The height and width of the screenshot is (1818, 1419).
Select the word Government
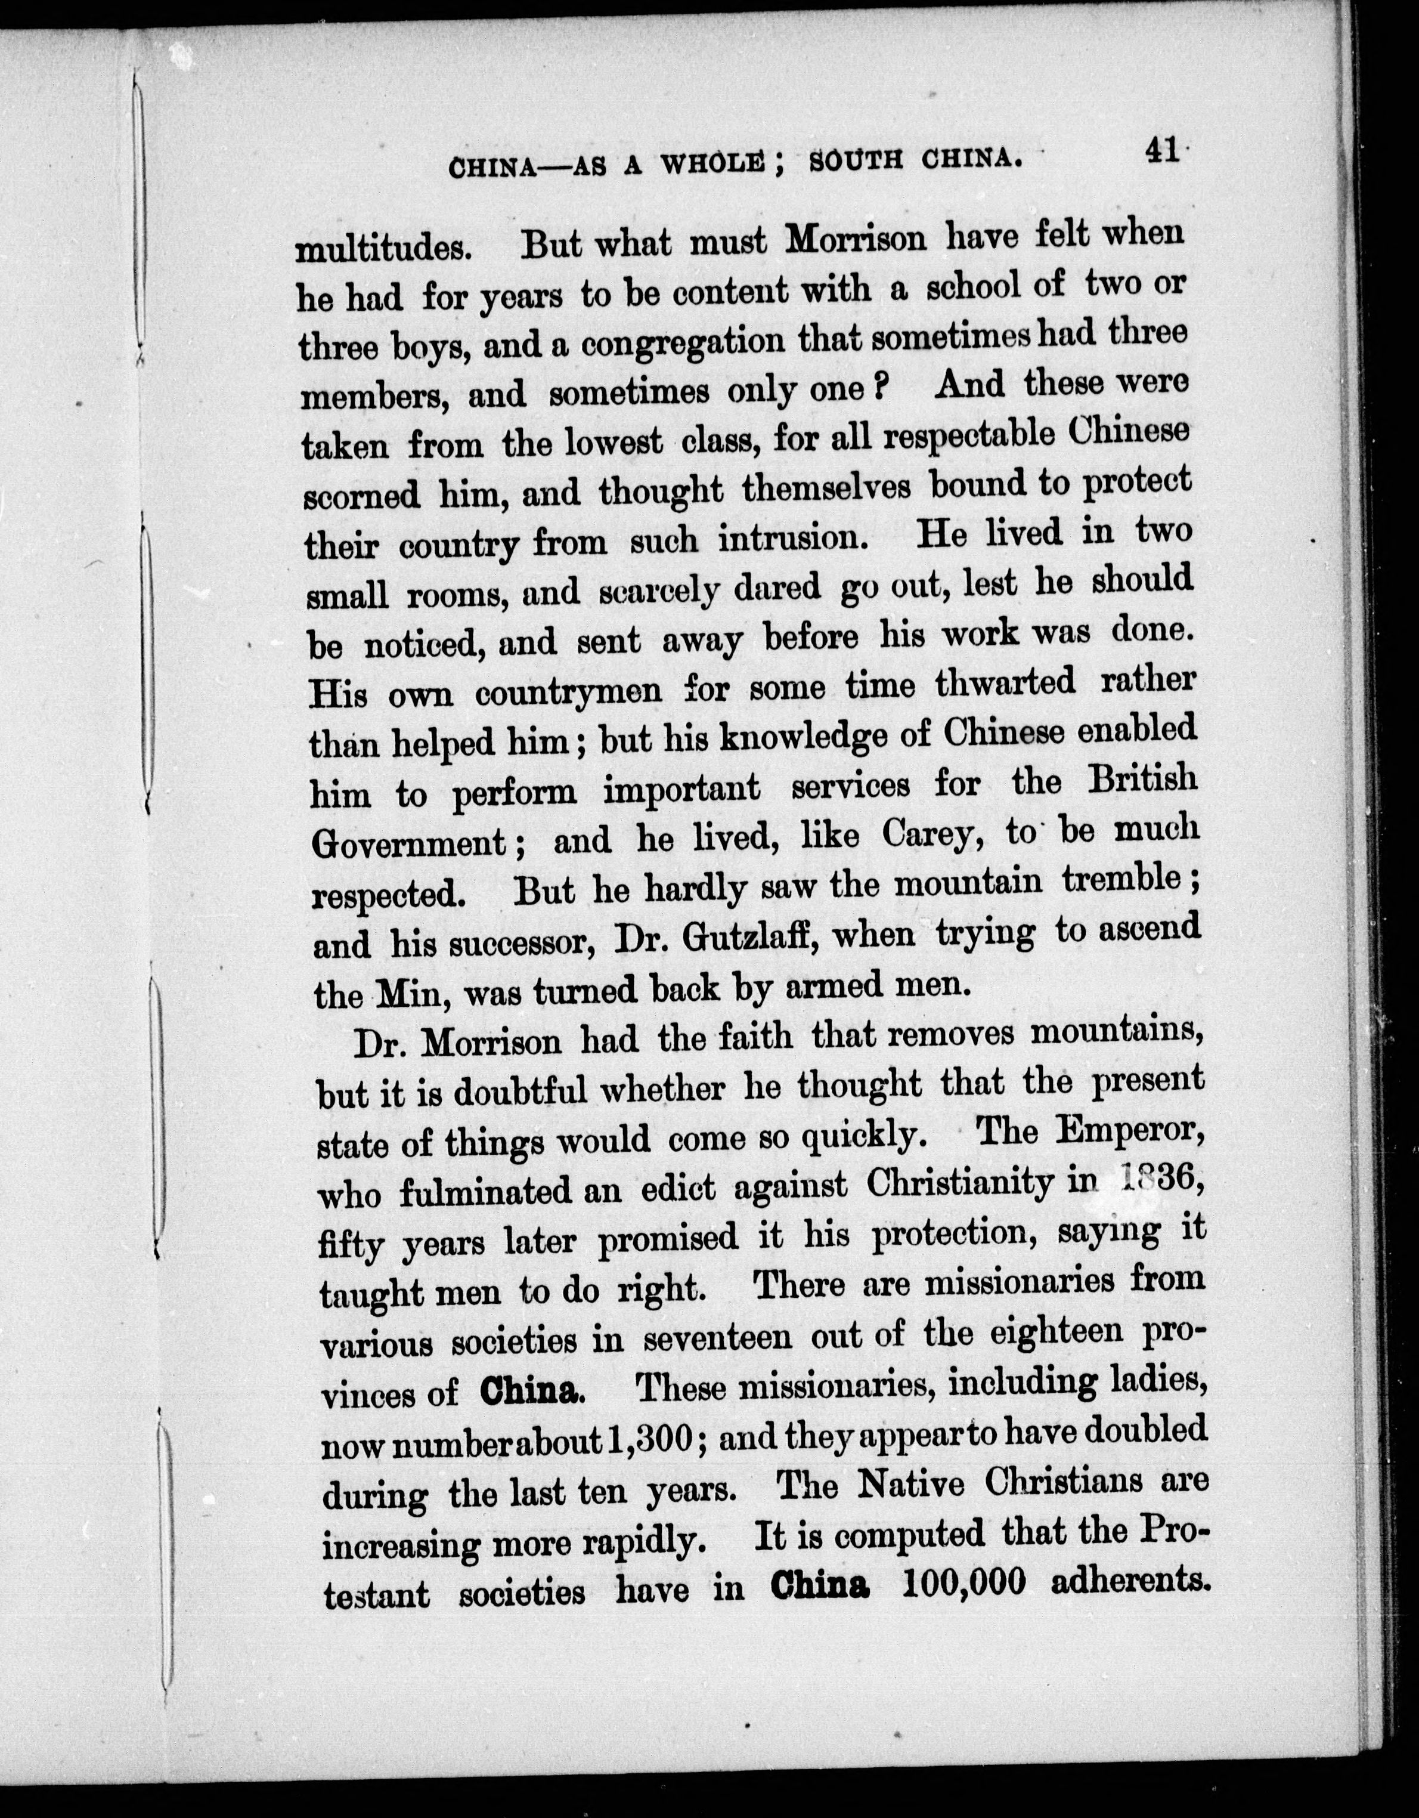click(408, 844)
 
